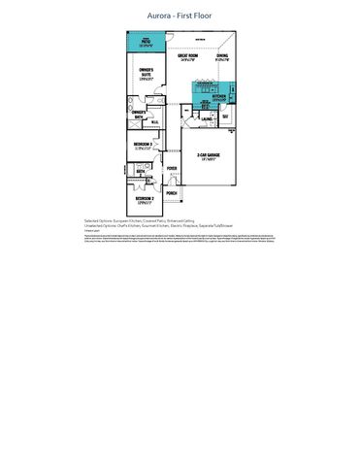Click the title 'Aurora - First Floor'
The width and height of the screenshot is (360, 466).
coord(180,17)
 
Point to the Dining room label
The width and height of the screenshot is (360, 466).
coord(222,56)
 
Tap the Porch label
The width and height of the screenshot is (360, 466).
coord(172,193)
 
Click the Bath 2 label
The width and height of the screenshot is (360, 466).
coord(141,171)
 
